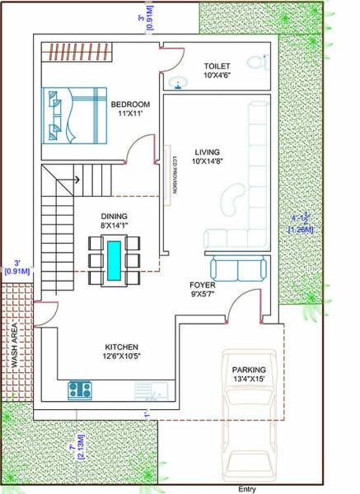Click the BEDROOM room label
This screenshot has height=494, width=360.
(x=130, y=104)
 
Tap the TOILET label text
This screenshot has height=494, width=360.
(x=219, y=65)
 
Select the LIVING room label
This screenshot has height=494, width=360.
(x=208, y=151)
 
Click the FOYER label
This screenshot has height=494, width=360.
(x=202, y=285)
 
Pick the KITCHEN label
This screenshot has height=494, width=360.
(x=121, y=347)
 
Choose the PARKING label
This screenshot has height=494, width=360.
(x=249, y=370)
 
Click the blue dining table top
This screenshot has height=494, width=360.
(x=114, y=258)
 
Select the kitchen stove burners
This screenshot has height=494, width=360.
(x=80, y=390)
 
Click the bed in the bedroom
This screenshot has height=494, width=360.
(x=75, y=115)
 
